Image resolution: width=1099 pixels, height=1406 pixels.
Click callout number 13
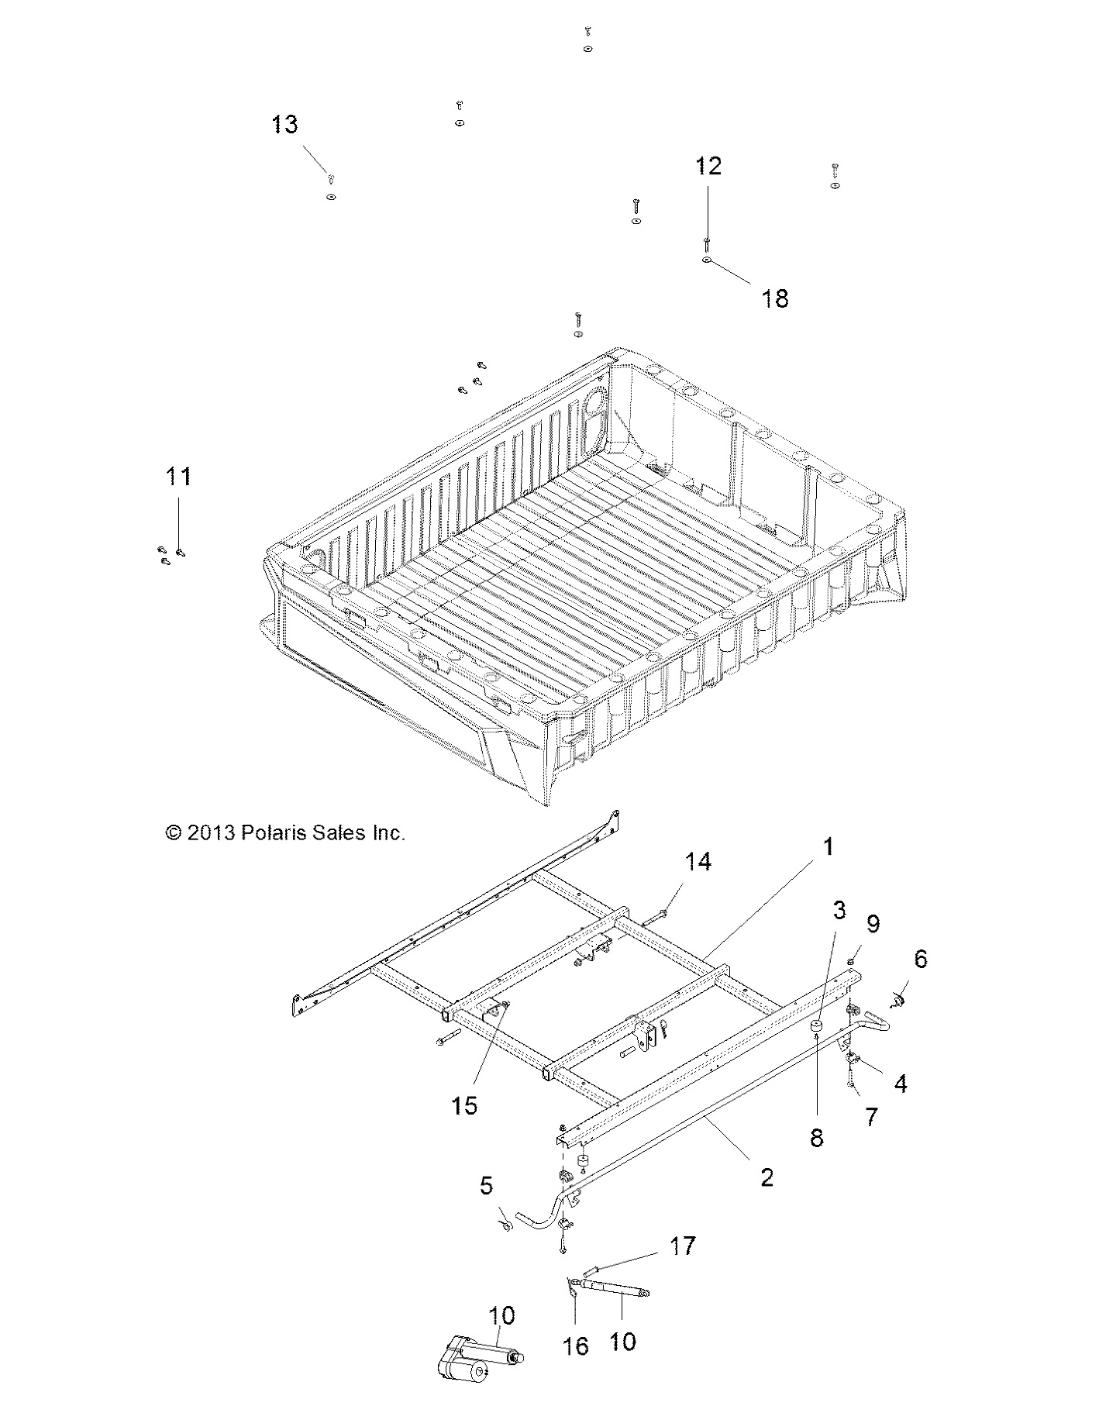284,125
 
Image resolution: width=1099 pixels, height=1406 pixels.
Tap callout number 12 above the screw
708,167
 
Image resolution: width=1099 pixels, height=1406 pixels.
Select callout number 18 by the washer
775,298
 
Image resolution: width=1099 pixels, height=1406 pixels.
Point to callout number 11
178,477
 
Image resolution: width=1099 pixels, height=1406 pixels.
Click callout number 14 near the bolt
698,862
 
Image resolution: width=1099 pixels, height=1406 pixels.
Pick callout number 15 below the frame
464,1105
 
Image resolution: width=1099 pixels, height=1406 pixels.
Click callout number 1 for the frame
828,846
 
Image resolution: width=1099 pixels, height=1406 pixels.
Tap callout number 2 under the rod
766,1178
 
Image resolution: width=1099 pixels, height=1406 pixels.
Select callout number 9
873,924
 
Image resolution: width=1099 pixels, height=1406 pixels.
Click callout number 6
920,960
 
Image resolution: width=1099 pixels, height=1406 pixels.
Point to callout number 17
682,1246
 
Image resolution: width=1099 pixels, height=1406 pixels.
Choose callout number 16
575,1346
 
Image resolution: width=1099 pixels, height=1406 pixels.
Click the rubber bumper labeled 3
816,1028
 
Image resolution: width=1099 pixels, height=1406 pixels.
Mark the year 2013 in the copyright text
212,833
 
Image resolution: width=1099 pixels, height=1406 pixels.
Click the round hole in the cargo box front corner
598,402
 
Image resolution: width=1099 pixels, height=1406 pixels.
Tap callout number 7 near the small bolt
871,1117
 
